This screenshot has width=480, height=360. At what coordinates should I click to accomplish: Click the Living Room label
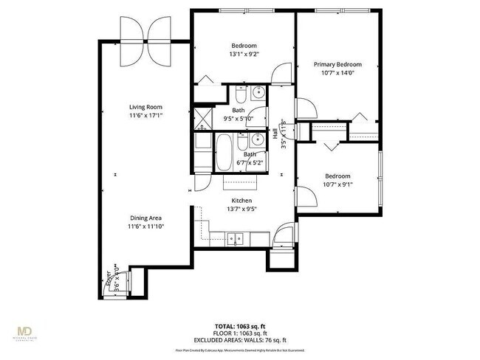[145, 107]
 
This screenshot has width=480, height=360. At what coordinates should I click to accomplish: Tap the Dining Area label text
[145, 218]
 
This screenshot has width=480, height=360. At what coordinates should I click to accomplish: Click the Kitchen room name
[242, 201]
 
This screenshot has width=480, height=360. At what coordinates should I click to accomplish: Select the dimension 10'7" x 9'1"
[337, 184]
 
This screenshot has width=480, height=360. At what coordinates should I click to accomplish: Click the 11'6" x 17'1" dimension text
[145, 116]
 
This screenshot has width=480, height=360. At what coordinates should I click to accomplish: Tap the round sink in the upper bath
[258, 93]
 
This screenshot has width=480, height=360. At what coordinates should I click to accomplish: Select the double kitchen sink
[236, 238]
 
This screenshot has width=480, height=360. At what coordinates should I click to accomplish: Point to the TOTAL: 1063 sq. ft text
[240, 325]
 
